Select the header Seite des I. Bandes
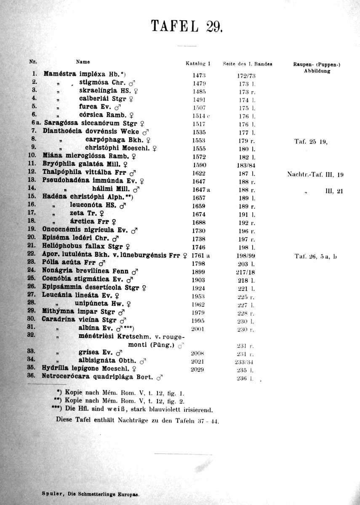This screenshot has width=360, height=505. (x=247, y=64)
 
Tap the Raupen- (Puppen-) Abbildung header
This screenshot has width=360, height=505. (x=317, y=67)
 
